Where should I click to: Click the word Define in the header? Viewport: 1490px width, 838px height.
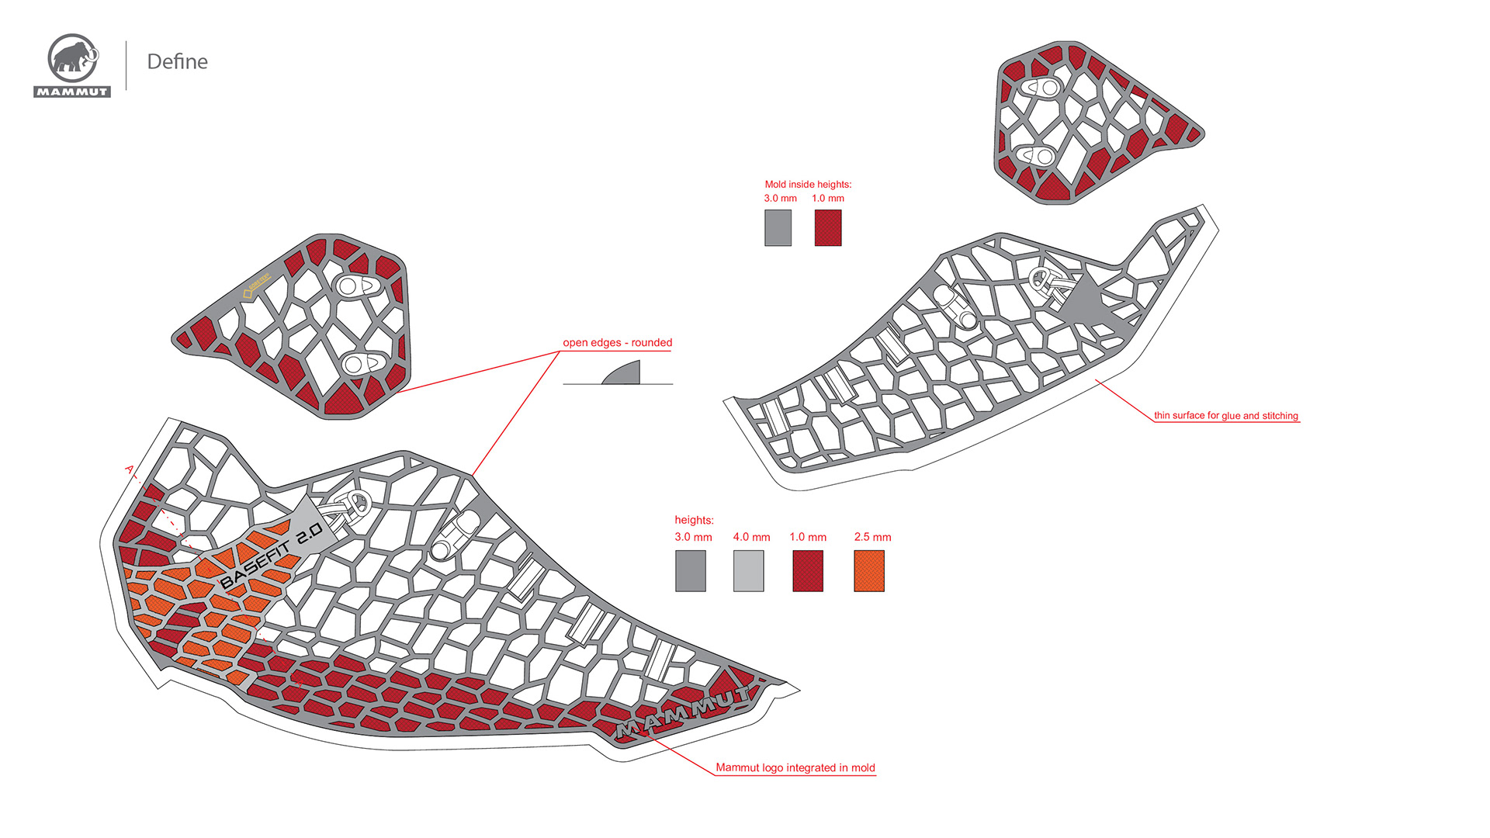(177, 61)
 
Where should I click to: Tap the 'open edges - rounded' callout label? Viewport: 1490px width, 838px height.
(617, 342)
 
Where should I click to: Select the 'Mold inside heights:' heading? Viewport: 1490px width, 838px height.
(808, 184)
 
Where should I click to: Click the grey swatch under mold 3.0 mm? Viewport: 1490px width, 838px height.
(778, 228)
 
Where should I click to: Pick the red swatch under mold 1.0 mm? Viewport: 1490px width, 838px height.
(828, 228)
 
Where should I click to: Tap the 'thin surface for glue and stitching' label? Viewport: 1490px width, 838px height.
(1225, 415)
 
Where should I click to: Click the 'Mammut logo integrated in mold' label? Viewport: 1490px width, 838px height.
(795, 767)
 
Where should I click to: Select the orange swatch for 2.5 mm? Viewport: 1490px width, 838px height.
(869, 571)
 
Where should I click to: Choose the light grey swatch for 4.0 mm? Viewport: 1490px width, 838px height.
(748, 571)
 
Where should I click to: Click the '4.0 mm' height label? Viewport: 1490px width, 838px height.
(751, 537)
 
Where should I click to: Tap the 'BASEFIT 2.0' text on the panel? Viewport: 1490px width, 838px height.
(271, 556)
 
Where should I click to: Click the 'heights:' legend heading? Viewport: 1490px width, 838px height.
(694, 520)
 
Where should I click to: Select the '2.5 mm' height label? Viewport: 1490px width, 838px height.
(872, 537)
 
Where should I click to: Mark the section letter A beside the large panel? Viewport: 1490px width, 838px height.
(130, 469)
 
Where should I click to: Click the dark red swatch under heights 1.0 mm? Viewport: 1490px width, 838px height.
(808, 571)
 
